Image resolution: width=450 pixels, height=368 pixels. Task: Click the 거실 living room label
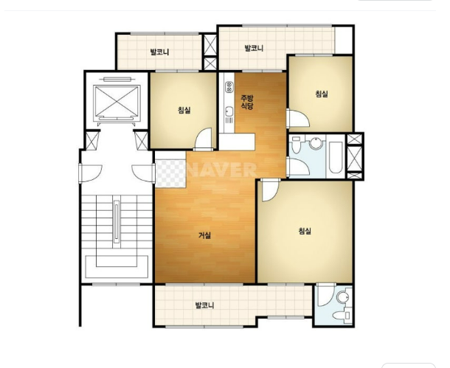tap(205, 235)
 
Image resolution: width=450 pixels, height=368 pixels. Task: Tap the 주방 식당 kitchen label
tap(247, 102)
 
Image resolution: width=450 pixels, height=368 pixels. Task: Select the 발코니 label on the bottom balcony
tap(204, 305)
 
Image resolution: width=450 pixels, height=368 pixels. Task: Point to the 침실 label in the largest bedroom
tap(305, 231)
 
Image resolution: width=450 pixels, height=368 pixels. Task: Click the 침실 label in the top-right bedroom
tap(322, 94)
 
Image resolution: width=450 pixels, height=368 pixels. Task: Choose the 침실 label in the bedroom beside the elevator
tap(184, 110)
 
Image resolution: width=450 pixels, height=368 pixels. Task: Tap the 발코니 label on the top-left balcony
tap(159, 52)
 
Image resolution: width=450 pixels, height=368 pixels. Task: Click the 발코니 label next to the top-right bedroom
tap(254, 48)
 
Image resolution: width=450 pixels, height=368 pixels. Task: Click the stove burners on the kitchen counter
tap(229, 87)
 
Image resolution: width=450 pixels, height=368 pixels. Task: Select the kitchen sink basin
tap(229, 111)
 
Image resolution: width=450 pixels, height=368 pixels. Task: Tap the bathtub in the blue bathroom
tap(336, 157)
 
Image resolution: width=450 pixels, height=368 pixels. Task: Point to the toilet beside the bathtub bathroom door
tap(296, 145)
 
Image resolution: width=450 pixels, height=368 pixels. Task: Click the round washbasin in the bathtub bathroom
tap(316, 143)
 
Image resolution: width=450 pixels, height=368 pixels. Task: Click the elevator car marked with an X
tap(117, 102)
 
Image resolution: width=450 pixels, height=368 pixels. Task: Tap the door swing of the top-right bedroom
tap(299, 118)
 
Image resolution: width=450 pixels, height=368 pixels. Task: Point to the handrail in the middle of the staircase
tap(117, 222)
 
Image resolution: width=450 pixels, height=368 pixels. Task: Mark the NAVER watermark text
tap(221, 170)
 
